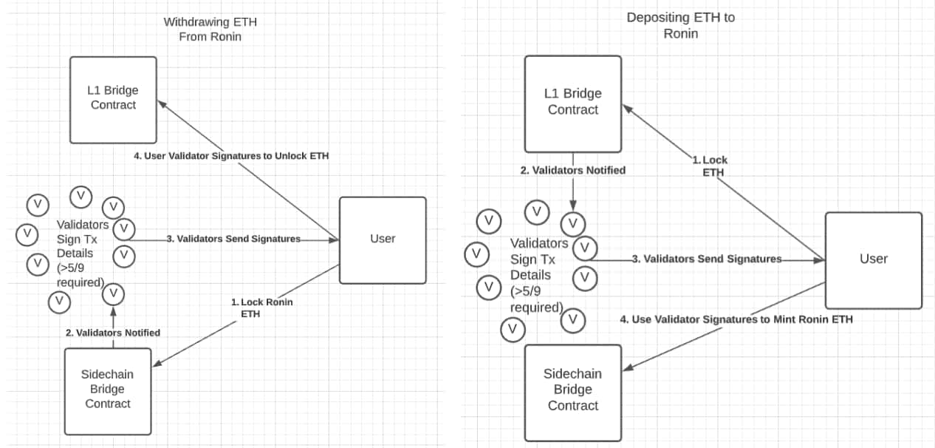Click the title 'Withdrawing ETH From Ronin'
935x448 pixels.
pyautogui.click(x=210, y=30)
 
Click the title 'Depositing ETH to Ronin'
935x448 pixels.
pyautogui.click(x=680, y=25)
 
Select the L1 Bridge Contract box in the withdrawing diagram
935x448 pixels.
pyautogui.click(x=113, y=99)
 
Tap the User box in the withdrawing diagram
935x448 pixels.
pyautogui.click(x=383, y=240)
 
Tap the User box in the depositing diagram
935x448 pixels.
pyautogui.click(x=873, y=259)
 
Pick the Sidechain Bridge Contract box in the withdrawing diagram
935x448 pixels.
pyautogui.click(x=108, y=389)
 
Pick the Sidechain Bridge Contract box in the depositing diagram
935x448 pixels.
pyautogui.click(x=572, y=390)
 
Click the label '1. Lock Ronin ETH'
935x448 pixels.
pyautogui.click(x=261, y=308)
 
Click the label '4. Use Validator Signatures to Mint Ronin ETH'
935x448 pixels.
pyautogui.click(x=736, y=319)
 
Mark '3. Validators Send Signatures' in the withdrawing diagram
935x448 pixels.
pyautogui.click(x=233, y=239)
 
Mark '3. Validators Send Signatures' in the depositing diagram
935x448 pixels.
pyautogui.click(x=706, y=259)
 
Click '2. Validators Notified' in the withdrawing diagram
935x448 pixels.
pyautogui.click(x=112, y=333)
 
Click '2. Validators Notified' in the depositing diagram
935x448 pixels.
pyautogui.click(x=572, y=170)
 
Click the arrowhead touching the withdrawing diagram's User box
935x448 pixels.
pyautogui.click(x=334, y=240)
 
